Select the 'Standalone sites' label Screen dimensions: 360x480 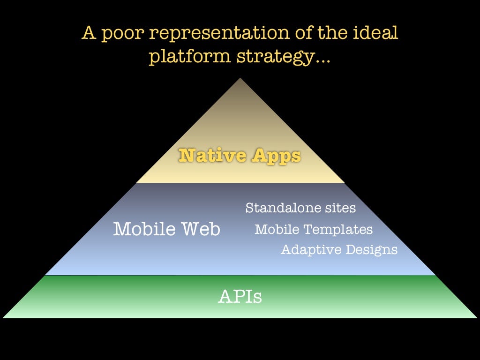[300, 208]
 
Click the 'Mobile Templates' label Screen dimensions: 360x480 [314, 229]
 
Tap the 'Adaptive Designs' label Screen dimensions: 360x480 [339, 249]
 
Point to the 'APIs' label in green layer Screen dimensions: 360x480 [240, 297]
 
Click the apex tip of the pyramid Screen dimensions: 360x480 [240, 79]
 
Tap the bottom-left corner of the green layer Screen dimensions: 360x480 [4, 317]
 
